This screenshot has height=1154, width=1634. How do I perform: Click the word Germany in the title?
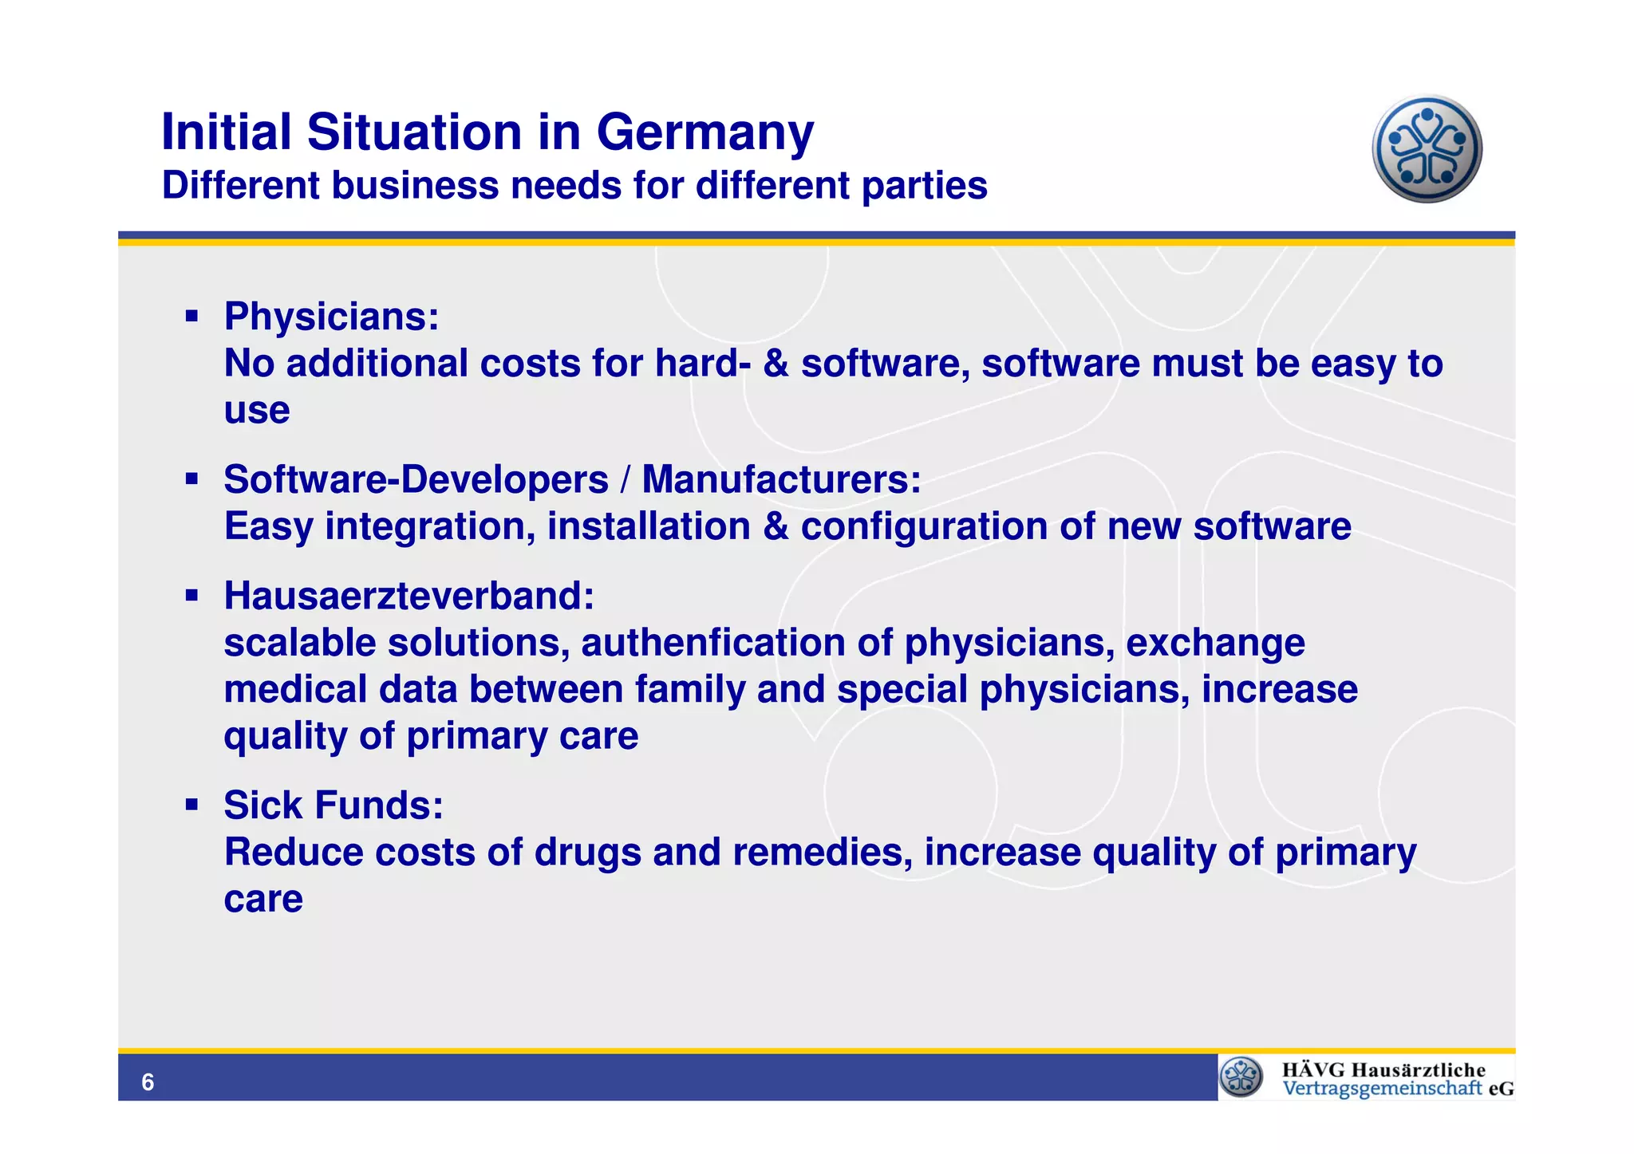tap(705, 132)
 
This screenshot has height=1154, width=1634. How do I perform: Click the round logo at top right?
tap(1427, 149)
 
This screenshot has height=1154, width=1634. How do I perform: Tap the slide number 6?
tap(148, 1082)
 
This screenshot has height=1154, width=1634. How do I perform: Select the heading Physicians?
tap(331, 317)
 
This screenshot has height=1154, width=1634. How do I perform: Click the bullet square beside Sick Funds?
tap(191, 805)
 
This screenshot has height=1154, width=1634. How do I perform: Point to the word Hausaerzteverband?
tap(408, 596)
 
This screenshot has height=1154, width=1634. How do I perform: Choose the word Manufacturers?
tap(781, 480)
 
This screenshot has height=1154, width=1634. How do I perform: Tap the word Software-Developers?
tap(416, 480)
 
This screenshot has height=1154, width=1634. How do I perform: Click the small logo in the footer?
tap(1241, 1077)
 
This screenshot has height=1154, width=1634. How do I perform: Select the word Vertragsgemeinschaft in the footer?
tap(1382, 1089)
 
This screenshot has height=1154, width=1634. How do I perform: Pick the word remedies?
tap(822, 853)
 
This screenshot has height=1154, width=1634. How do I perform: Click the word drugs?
tap(587, 853)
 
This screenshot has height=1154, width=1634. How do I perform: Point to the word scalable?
tap(300, 643)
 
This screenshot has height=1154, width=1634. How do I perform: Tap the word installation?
tap(649, 526)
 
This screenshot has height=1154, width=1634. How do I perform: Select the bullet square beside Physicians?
tap(191, 317)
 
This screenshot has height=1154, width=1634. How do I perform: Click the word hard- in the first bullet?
tap(702, 364)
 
